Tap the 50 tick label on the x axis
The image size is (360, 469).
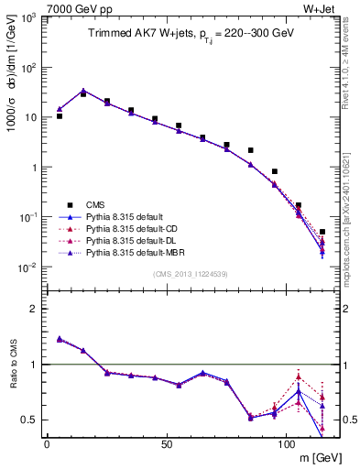point(166,445)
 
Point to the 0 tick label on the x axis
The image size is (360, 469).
point(47,445)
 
